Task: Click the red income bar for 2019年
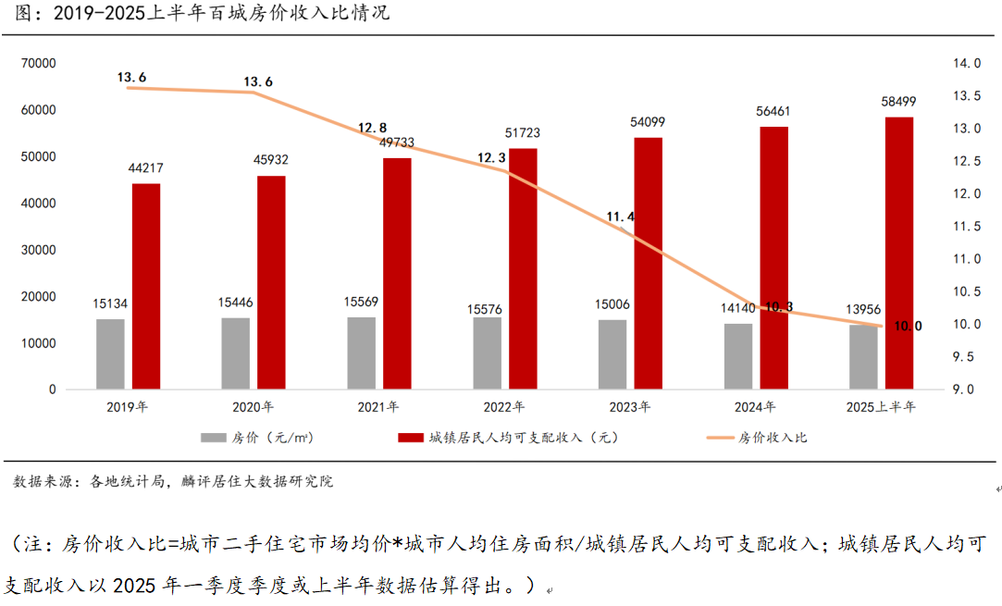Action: tap(146, 286)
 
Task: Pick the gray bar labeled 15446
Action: tap(236, 352)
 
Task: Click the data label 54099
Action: tap(648, 122)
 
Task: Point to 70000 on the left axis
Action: tap(39, 63)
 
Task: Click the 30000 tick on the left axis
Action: tap(39, 250)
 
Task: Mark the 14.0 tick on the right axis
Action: tap(967, 63)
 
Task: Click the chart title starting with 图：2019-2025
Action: tap(194, 13)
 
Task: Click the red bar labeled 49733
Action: tap(397, 273)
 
